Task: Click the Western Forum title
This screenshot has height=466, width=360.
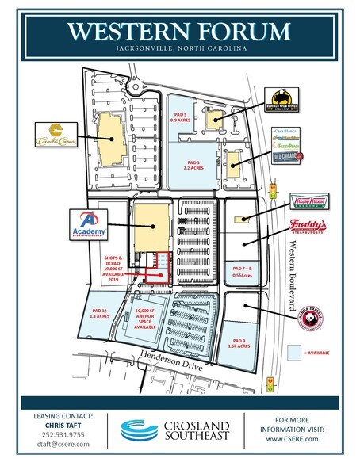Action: click(x=179, y=34)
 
